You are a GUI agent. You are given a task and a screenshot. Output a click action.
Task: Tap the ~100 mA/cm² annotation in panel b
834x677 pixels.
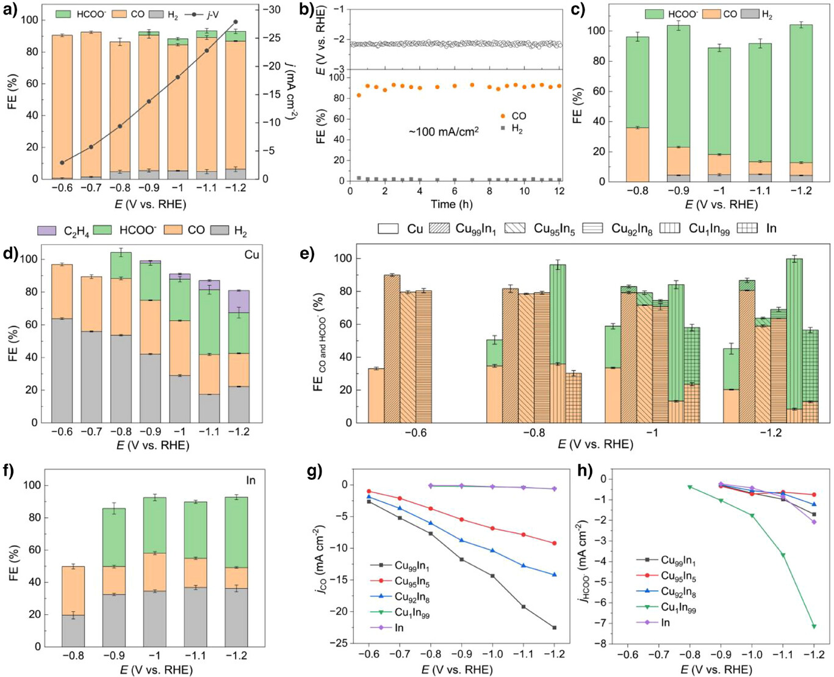444,131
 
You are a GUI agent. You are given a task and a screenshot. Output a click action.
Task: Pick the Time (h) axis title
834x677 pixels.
454,203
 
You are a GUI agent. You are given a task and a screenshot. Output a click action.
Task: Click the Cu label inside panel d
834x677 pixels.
251,255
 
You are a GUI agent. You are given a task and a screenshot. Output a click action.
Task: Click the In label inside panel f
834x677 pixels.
251,480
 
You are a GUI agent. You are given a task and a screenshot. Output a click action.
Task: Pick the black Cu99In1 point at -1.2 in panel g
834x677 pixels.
554,628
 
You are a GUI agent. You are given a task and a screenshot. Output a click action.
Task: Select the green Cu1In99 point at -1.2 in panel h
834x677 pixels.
814,626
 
